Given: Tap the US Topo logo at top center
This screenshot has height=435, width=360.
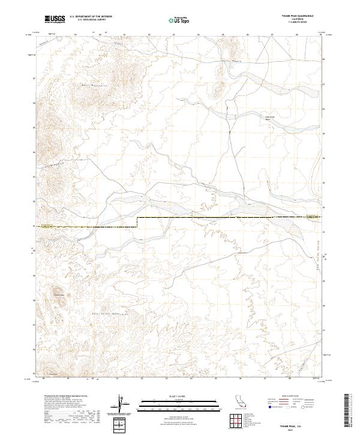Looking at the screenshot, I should (180, 20).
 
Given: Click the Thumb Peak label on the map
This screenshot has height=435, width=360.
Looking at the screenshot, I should (58, 295).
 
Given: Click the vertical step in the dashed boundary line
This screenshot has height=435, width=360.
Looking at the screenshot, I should (137, 222).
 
